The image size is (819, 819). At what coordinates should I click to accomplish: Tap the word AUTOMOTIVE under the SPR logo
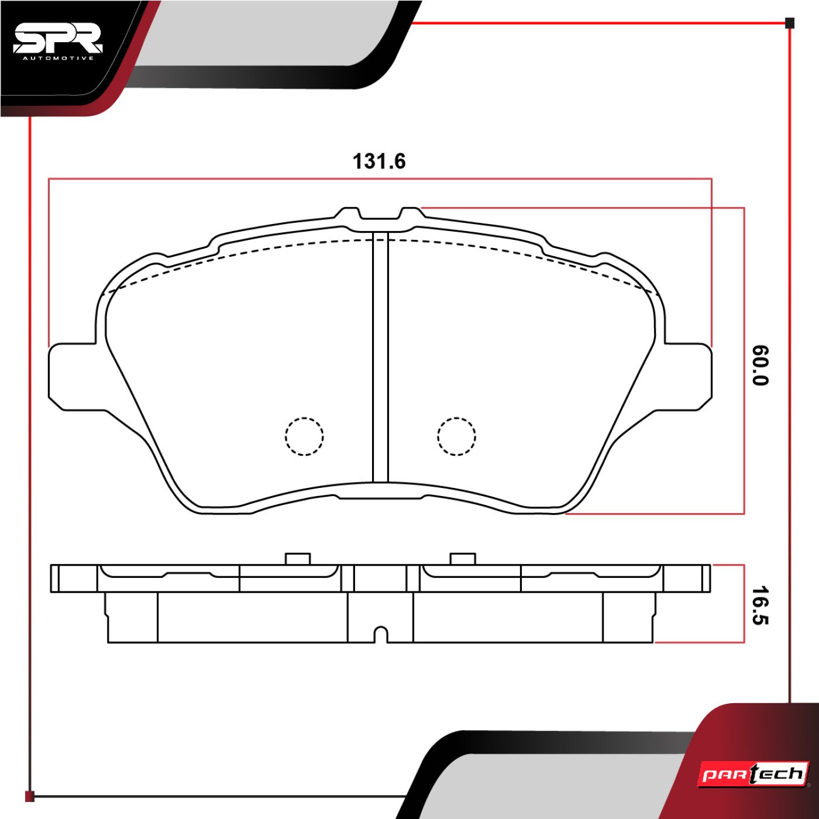click(58, 58)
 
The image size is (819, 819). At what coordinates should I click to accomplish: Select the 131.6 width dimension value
click(380, 161)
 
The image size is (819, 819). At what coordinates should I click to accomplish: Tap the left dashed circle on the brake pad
click(304, 436)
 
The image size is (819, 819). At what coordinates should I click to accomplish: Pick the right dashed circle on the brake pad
click(456, 436)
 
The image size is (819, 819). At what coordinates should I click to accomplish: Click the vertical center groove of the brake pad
click(381, 357)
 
